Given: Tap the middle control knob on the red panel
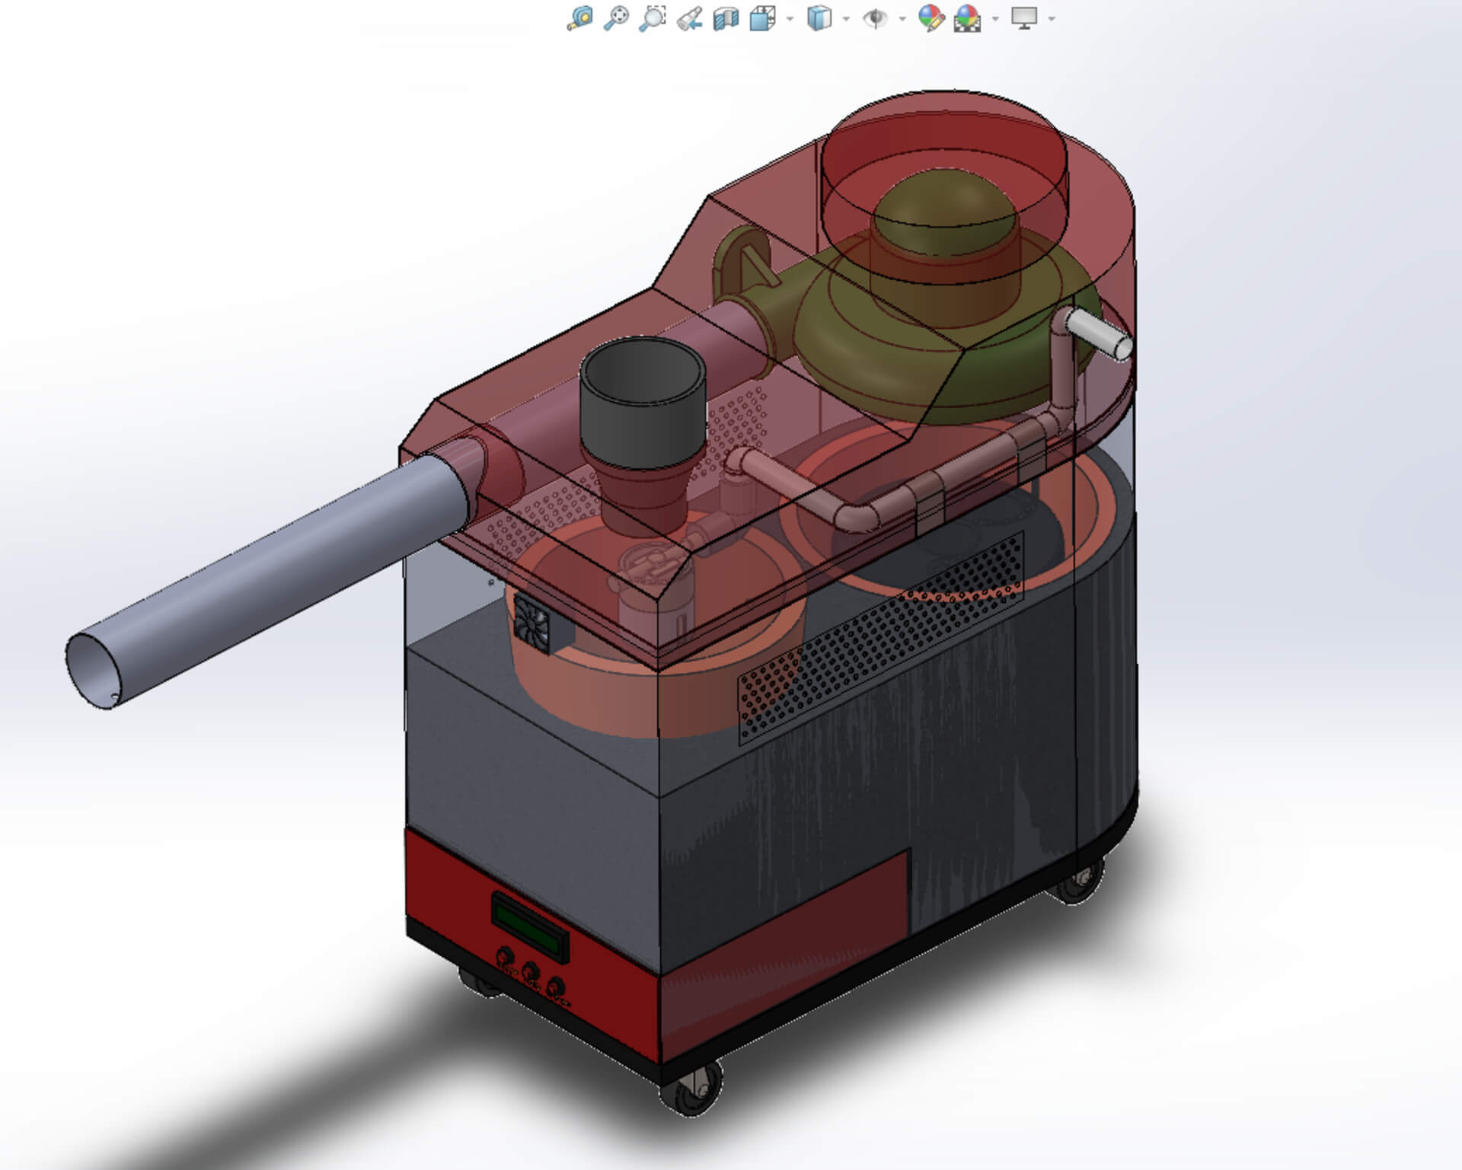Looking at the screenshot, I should pyautogui.click(x=531, y=971).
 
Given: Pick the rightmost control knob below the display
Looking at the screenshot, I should pyautogui.click(x=557, y=986).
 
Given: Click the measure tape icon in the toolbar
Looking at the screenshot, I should pyautogui.click(x=690, y=18).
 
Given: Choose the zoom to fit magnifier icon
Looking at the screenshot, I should pyautogui.click(x=580, y=18).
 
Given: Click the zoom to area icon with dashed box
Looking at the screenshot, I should pyautogui.click(x=653, y=18).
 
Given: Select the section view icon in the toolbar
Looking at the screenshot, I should pyautogui.click(x=726, y=18).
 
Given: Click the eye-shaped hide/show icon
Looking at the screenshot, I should pyautogui.click(x=875, y=18).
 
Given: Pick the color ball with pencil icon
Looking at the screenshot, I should pyautogui.click(x=931, y=18).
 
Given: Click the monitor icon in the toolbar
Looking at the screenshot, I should pyautogui.click(x=1024, y=18).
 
